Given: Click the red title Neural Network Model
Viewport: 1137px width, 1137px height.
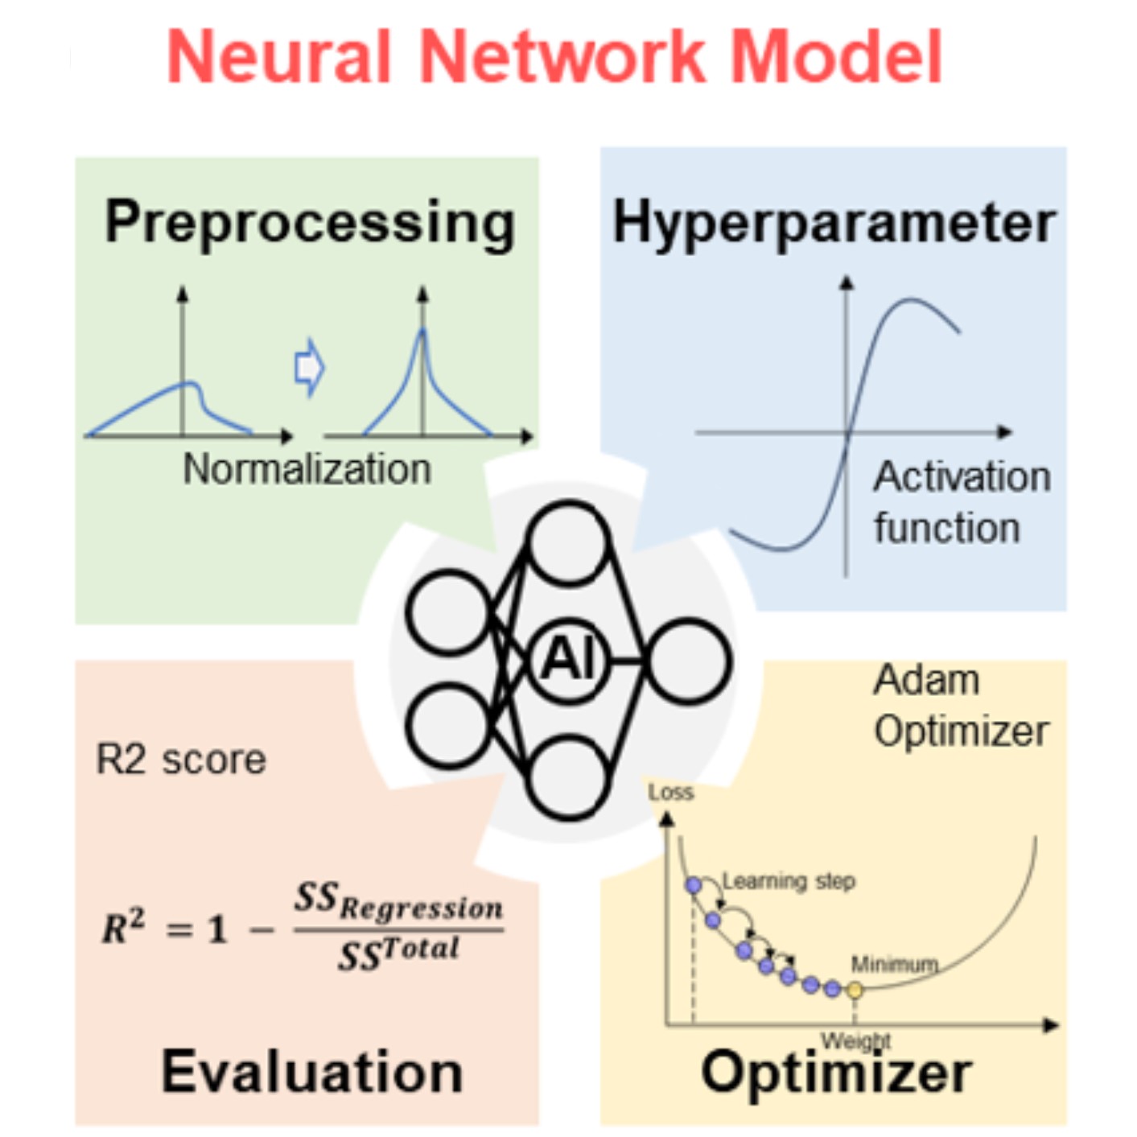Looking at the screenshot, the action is coord(554,57).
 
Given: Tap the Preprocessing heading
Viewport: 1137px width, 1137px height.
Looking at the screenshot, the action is coord(311,225).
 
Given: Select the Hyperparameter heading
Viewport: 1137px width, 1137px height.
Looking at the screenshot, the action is coord(834,225).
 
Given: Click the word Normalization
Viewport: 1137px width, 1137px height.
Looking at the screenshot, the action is coord(307,469).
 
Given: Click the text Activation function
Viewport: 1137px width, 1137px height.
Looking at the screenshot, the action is coord(962,502).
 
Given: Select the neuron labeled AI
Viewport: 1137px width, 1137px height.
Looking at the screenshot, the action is coord(569,661).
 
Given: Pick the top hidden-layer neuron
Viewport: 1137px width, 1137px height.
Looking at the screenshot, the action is coord(568,542).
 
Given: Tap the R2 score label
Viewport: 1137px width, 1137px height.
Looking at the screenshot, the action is coord(180,760).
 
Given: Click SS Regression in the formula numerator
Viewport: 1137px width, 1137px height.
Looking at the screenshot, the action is coord(399,902).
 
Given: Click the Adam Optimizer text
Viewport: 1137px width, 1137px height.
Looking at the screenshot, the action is coord(962,706).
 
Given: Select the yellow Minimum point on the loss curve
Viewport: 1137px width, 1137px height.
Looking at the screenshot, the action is coord(855,991).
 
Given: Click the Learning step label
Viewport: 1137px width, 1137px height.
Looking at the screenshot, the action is coord(789,881).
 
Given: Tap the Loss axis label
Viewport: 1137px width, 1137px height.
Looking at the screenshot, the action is coord(671,793).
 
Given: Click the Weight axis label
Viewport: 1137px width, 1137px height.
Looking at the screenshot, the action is coord(855,1040).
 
